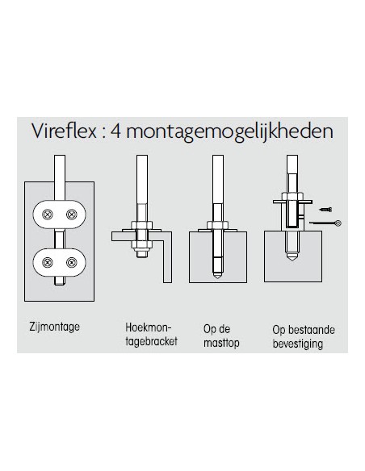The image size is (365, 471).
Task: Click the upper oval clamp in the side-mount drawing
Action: click(61, 214)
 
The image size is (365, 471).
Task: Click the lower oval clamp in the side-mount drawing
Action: click(61, 262)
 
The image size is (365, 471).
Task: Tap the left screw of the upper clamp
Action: click(49, 214)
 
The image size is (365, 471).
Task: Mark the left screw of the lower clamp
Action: click(49, 262)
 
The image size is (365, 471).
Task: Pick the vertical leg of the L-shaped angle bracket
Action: click(169, 258)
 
